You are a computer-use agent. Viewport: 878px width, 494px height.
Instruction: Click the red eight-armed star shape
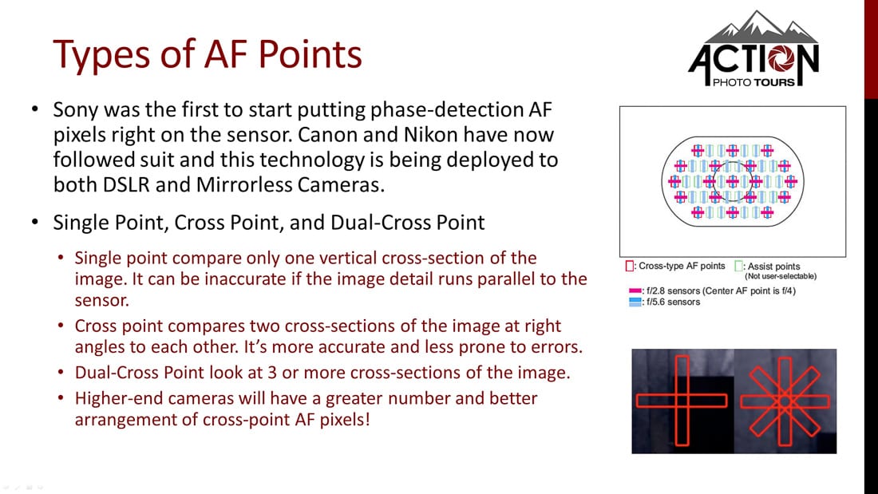tap(784, 401)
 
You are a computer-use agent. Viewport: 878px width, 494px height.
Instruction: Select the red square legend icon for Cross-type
tap(629, 266)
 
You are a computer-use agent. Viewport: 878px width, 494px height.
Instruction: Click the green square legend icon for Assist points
tap(739, 266)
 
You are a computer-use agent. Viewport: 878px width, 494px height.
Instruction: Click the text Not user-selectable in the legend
tap(780, 276)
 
